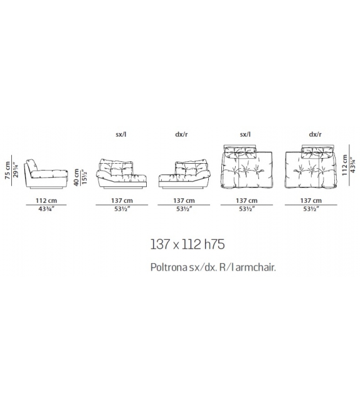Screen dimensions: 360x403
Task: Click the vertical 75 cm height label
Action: [x=8, y=170]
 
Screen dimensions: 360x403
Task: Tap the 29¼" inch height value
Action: [x=16, y=169]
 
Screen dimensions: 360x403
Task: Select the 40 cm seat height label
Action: [x=77, y=177]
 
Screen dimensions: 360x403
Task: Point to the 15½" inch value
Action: [x=85, y=176]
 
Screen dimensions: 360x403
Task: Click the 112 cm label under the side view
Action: [x=46, y=200]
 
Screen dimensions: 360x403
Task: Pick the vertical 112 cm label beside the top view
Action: [x=344, y=165]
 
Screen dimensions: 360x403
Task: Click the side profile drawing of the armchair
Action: [x=46, y=175]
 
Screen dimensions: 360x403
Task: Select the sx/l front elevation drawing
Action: [x=122, y=174]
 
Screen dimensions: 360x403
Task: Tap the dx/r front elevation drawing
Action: [x=184, y=175]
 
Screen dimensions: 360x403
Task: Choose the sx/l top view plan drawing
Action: [x=246, y=166]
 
